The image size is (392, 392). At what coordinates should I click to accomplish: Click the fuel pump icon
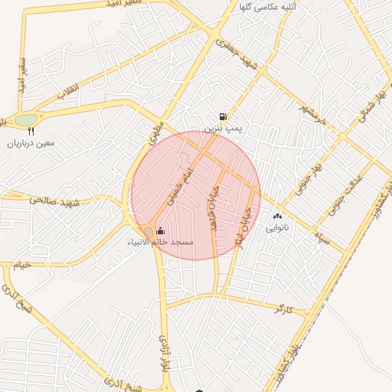pyautogui.click(x=223, y=116)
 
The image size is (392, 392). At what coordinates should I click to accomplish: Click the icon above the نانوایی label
pyautogui.click(x=276, y=217)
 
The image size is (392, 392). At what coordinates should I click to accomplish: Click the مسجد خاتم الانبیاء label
pyautogui.click(x=161, y=242)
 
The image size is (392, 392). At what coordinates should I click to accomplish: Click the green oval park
pyautogui.click(x=26, y=119)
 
